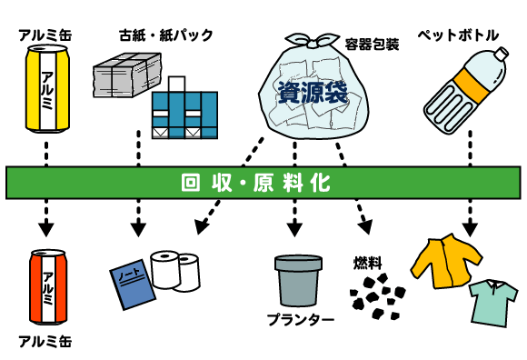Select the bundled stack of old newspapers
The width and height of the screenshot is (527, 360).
point(126,76)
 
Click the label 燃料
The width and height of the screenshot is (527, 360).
point(367,263)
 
